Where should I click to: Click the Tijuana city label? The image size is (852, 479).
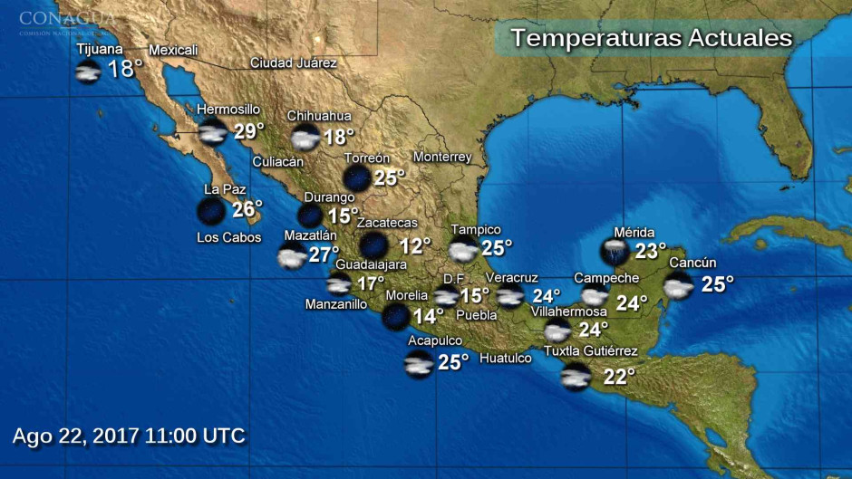click(x=100, y=49)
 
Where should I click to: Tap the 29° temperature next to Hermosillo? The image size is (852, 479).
click(x=249, y=132)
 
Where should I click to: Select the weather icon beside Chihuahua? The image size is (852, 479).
click(x=305, y=139)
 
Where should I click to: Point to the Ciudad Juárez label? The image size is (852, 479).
click(x=294, y=63)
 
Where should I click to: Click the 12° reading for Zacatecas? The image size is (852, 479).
click(x=415, y=246)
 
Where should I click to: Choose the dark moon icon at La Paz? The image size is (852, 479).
click(x=211, y=211)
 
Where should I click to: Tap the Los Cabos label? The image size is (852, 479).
click(x=228, y=238)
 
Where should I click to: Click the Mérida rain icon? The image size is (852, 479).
click(x=615, y=251)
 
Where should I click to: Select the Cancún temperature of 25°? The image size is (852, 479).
click(x=717, y=284)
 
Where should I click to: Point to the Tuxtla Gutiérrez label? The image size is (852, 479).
click(x=590, y=351)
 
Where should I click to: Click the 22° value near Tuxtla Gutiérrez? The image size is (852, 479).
click(x=619, y=377)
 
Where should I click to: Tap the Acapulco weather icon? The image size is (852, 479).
click(x=419, y=364)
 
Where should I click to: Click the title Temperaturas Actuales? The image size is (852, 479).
click(x=651, y=39)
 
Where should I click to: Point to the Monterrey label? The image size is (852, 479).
click(x=442, y=158)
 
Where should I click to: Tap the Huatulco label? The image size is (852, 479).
click(x=505, y=359)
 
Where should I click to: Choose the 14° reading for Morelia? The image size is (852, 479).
click(x=428, y=316)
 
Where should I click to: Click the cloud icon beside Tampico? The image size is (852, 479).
click(x=464, y=250)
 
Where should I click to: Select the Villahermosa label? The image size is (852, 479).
click(x=568, y=311)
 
